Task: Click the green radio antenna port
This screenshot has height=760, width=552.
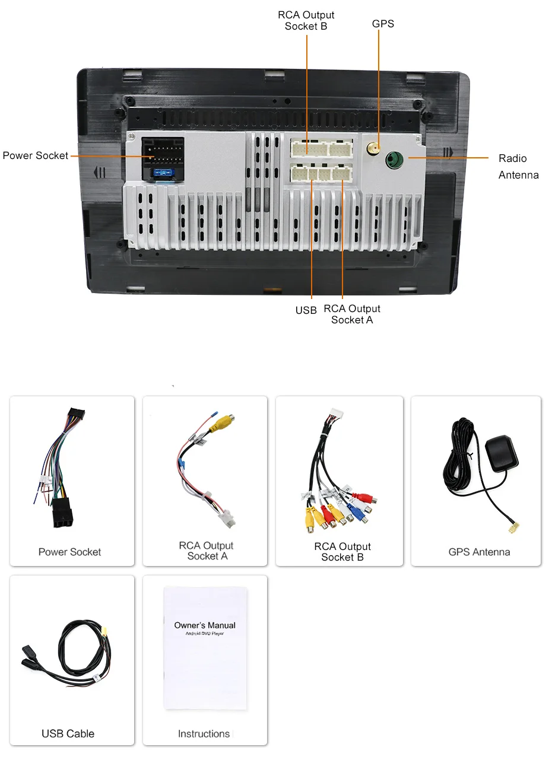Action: pyautogui.click(x=394, y=160)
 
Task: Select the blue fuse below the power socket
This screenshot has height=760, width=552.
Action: pyautogui.click(x=161, y=174)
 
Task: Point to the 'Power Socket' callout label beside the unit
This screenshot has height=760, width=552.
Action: pyautogui.click(x=36, y=155)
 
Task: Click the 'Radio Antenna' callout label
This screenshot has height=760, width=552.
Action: pyautogui.click(x=518, y=167)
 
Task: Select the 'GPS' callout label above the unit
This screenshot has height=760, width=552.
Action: pyautogui.click(x=383, y=24)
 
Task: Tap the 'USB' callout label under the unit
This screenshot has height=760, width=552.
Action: pyautogui.click(x=306, y=310)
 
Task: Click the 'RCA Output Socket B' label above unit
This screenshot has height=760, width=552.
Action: pyautogui.click(x=306, y=20)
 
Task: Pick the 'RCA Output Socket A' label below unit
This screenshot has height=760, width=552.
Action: pyautogui.click(x=351, y=314)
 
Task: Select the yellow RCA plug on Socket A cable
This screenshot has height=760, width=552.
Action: pyautogui.click(x=223, y=422)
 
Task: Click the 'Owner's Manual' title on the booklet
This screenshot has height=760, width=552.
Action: pyautogui.click(x=205, y=625)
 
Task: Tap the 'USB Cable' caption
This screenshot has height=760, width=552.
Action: pyautogui.click(x=68, y=734)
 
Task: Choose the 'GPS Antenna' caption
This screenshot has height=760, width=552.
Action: pyautogui.click(x=479, y=552)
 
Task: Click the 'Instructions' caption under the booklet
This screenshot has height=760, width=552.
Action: pyautogui.click(x=204, y=734)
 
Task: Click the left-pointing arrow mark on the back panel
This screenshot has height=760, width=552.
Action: pyautogui.click(x=100, y=173)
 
